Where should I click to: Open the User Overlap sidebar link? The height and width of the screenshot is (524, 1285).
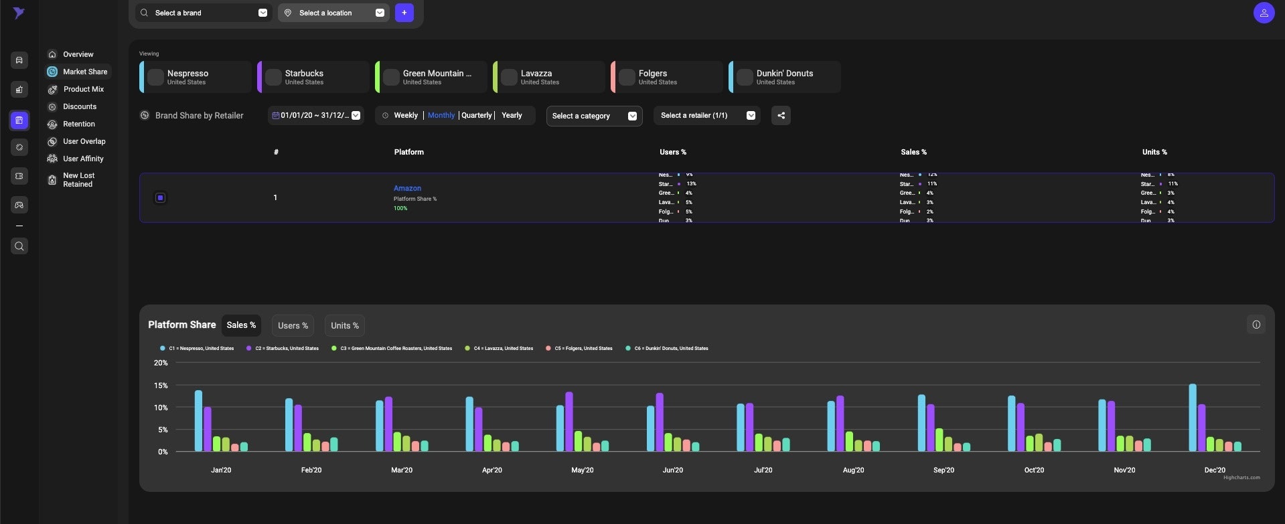84,141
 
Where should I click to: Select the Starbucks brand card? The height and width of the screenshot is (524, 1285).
313,77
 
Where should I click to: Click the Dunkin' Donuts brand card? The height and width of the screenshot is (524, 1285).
784,77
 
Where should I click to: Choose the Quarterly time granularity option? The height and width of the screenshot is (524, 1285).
476,115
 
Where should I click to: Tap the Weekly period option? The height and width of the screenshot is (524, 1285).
405,115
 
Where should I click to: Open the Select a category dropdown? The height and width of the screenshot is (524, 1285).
594,116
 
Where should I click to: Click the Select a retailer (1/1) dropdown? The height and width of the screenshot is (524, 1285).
706,116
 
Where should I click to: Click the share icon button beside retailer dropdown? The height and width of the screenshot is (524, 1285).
781,116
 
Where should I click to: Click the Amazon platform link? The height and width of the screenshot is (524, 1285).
407,188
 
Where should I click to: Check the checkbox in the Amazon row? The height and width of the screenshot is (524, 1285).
160,197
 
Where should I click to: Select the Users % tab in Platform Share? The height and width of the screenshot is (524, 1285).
293,326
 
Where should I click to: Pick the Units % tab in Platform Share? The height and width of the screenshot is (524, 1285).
344,326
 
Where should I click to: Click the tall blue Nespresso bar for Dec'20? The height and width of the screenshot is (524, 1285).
1193,418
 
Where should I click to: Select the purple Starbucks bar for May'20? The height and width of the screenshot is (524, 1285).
569,422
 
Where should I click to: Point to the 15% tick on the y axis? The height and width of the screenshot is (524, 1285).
161,385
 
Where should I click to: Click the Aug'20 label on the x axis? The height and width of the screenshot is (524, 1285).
853,470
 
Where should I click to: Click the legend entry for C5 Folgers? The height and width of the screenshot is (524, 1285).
583,348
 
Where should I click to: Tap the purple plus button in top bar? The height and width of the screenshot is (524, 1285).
404,13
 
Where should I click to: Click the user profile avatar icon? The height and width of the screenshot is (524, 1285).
1263,13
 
